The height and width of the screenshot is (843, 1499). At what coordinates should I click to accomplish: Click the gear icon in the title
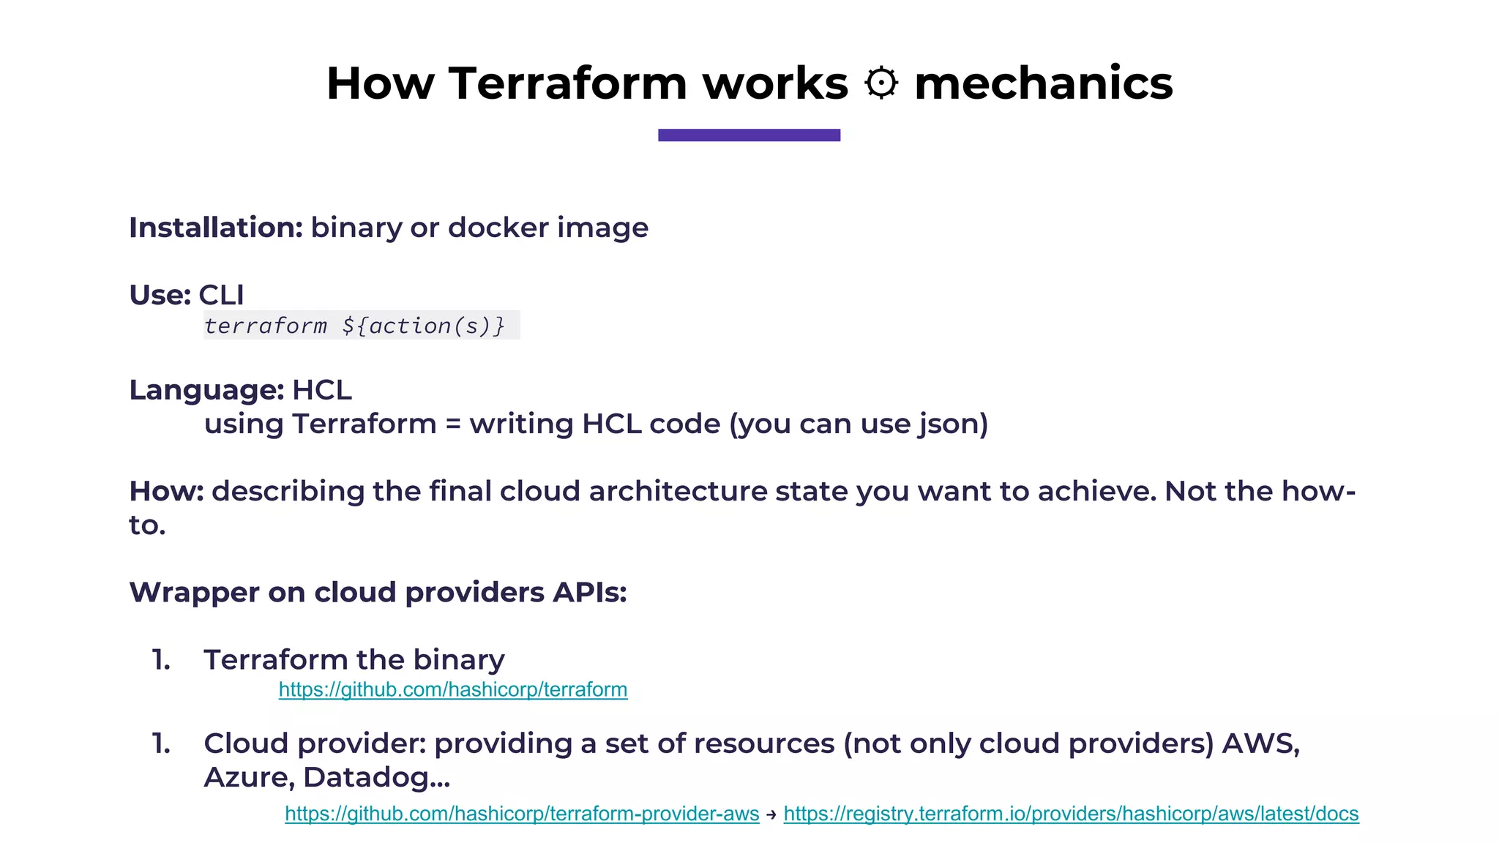click(881, 83)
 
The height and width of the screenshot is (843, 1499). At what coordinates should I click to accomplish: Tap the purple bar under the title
click(749, 135)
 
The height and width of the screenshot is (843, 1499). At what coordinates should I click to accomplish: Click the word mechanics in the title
click(1043, 83)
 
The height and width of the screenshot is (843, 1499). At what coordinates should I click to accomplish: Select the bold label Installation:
click(216, 228)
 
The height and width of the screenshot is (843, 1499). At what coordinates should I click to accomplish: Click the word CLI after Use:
click(221, 295)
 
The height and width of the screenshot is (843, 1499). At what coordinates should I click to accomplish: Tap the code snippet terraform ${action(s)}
click(355, 326)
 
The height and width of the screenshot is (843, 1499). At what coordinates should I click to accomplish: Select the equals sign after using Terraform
click(453, 424)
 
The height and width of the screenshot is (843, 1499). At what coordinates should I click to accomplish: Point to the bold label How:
click(166, 491)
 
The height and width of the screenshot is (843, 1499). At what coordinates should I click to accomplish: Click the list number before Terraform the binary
click(161, 660)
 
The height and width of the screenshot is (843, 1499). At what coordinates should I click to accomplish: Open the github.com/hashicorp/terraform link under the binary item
click(453, 689)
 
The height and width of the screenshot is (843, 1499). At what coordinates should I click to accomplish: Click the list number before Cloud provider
click(161, 743)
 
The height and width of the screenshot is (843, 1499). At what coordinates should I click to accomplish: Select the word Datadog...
click(376, 777)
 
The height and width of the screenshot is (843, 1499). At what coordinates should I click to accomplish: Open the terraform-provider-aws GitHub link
click(522, 814)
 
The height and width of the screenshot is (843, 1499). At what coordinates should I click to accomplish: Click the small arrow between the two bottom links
click(771, 814)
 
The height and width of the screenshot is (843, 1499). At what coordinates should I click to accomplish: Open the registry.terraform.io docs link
click(1071, 814)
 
